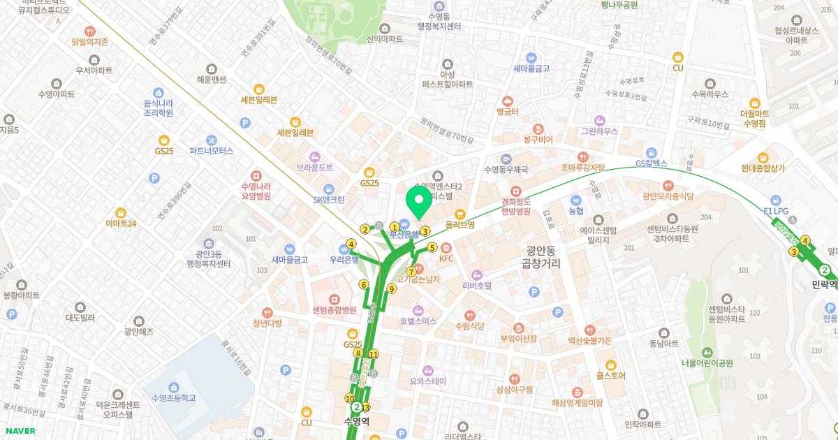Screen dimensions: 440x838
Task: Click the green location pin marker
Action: point(419,201)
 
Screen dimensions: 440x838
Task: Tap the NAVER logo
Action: point(19,431)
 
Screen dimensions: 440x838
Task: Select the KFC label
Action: point(446,258)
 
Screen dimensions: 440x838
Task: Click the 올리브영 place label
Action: point(460,225)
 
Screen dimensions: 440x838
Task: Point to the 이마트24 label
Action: point(121,223)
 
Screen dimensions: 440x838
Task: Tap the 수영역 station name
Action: point(357,420)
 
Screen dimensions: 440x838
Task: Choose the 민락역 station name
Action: point(825,284)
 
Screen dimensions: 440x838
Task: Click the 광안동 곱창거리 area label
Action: point(541,256)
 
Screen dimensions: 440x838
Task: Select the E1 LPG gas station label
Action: point(775,210)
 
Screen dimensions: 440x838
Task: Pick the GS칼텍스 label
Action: point(651,164)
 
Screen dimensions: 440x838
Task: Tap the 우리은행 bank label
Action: point(344,258)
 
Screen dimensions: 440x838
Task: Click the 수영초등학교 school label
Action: point(173,397)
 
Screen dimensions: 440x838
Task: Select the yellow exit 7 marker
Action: point(411,271)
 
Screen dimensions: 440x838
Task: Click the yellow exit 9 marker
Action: point(392,288)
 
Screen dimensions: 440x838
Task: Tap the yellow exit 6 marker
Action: point(364,284)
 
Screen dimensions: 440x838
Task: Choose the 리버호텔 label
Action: point(478,285)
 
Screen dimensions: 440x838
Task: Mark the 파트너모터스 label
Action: point(211,150)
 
